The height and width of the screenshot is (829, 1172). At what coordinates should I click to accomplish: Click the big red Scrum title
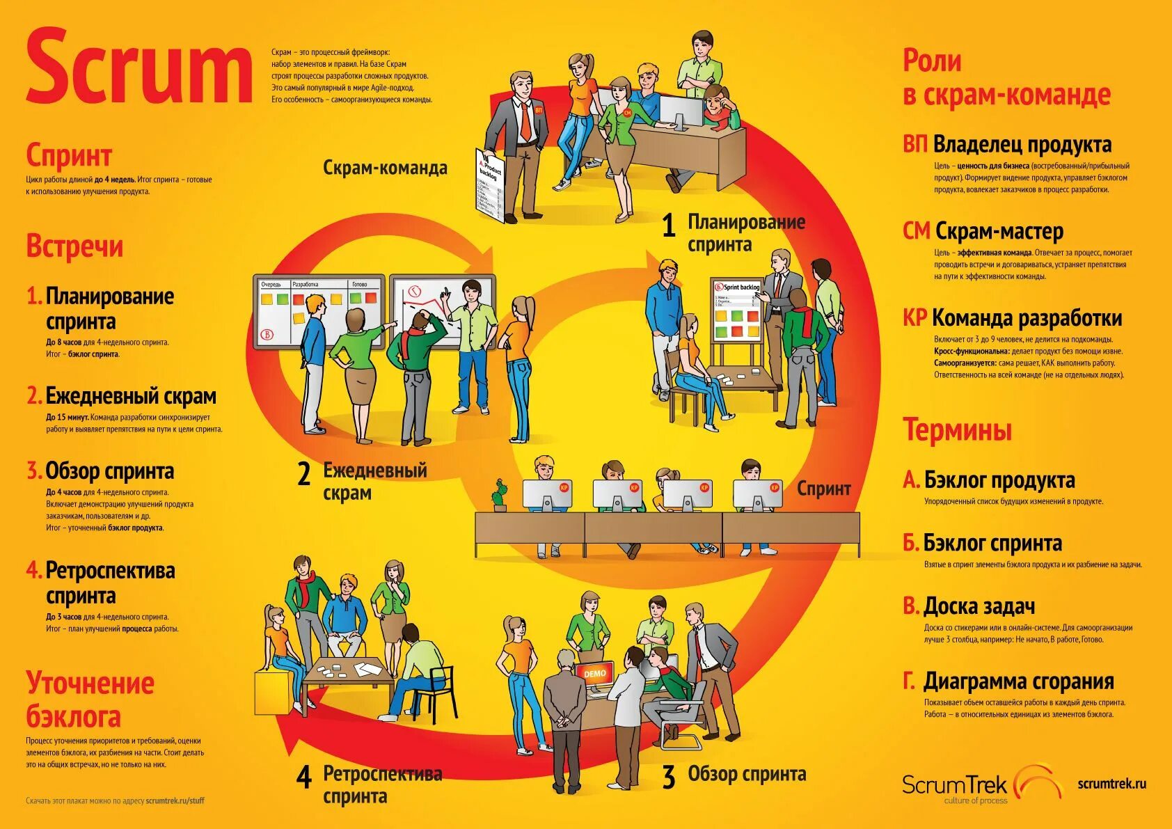[139, 68]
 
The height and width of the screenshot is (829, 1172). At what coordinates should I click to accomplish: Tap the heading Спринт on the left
[69, 156]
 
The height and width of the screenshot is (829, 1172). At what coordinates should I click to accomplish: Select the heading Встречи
[74, 246]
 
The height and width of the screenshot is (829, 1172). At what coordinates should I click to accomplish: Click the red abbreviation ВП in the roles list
[915, 145]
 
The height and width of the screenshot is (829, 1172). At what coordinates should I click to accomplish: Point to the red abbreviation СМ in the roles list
[917, 231]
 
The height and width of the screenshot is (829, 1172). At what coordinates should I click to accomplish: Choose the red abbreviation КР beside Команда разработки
[915, 318]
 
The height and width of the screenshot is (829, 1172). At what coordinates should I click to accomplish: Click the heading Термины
[957, 429]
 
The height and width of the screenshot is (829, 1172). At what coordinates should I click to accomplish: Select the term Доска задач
[979, 606]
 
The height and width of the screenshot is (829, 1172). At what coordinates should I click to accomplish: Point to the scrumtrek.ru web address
[1111, 784]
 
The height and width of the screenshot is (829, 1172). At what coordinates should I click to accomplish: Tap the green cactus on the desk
[498, 496]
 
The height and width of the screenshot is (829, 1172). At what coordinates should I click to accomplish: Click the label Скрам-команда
[385, 168]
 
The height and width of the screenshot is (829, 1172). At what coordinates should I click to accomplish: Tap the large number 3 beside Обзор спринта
[669, 777]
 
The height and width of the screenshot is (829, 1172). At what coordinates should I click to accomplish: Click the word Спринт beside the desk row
[824, 488]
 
